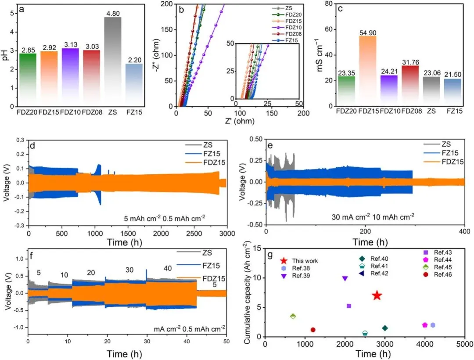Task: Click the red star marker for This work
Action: coord(377,295)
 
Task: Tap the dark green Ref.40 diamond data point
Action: coord(385,328)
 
